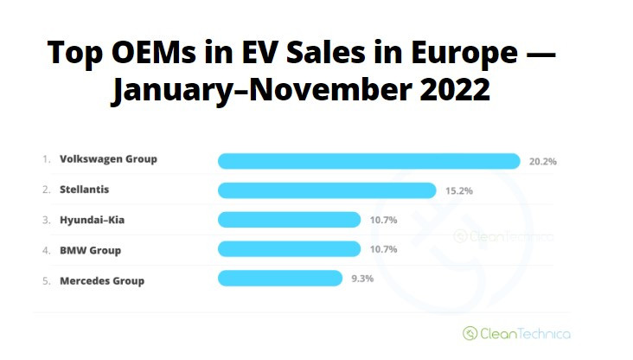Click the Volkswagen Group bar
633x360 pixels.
point(368,161)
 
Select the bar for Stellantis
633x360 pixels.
point(327,190)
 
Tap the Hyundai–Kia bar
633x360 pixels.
point(289,220)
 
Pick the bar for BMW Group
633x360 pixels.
point(289,249)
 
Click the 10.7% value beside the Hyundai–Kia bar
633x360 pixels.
point(383,220)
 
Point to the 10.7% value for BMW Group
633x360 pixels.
point(383,250)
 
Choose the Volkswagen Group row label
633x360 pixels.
point(108,159)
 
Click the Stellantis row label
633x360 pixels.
point(84,189)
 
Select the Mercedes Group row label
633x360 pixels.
point(102,280)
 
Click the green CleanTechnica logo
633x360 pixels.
point(516,332)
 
